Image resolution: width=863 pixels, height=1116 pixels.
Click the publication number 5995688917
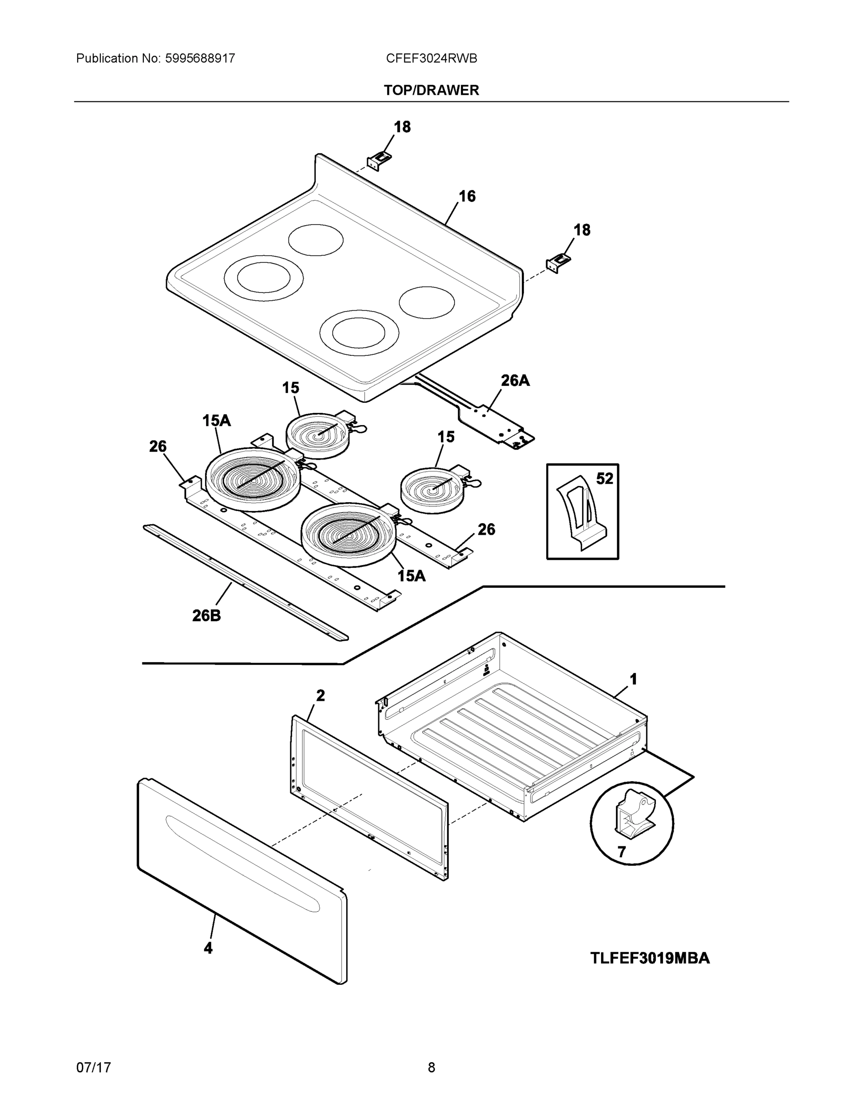tap(200, 58)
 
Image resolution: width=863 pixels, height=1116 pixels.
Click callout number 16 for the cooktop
tap(466, 196)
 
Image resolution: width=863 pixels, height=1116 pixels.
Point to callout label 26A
tap(515, 380)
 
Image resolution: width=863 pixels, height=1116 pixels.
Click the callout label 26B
tap(206, 616)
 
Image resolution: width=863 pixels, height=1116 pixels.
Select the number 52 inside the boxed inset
tap(604, 479)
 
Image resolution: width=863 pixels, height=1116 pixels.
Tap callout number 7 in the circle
tap(621, 852)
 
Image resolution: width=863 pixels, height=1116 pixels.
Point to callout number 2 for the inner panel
tap(320, 696)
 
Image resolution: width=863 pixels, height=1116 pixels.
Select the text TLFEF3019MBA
tap(650, 958)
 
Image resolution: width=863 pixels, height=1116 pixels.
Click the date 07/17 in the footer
tap(93, 1068)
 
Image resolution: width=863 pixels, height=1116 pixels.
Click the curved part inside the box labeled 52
tap(583, 511)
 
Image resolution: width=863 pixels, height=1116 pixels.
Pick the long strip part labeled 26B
tap(245, 583)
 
